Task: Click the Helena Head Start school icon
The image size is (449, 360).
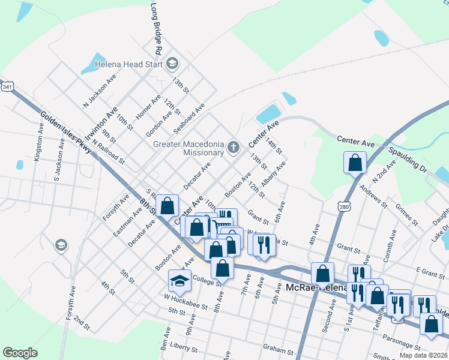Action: pyautogui.click(x=173, y=62)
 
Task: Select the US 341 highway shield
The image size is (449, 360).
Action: pyautogui.click(x=7, y=87)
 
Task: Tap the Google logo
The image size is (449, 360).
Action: pyautogui.click(x=20, y=353)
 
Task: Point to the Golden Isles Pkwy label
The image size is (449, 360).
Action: pyautogui.click(x=66, y=133)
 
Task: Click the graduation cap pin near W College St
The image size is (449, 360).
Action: pyautogui.click(x=179, y=280)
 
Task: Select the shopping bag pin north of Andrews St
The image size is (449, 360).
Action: pyautogui.click(x=355, y=162)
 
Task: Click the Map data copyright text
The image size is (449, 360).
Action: pyautogui.click(x=423, y=355)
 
